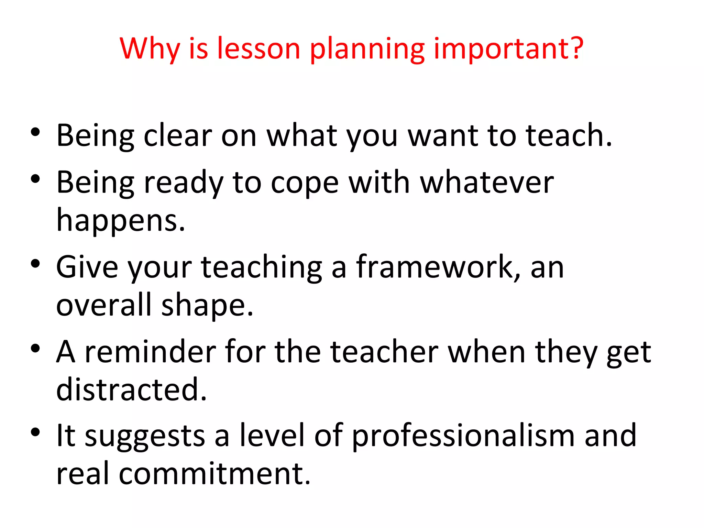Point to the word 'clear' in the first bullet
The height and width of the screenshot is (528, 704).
(178, 135)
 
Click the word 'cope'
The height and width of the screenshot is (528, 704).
(305, 183)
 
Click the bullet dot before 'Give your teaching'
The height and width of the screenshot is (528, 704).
(35, 264)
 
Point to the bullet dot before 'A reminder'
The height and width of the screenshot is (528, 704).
(35, 348)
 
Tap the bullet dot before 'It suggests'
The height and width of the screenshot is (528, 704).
(35, 432)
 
